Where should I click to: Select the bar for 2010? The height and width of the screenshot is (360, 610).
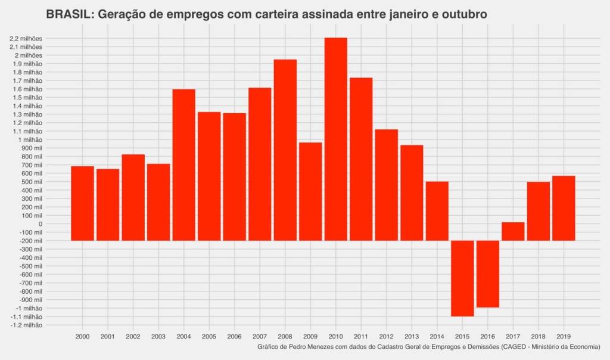pyautogui.click(x=335, y=139)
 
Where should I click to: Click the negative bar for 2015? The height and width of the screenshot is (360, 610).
pyautogui.click(x=462, y=278)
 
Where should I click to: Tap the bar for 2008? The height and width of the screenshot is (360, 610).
pyautogui.click(x=285, y=150)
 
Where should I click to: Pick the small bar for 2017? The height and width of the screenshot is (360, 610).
pyautogui.click(x=513, y=231)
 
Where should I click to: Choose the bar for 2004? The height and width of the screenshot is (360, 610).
pyautogui.click(x=183, y=165)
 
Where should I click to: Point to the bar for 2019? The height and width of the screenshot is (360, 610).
pyautogui.click(x=564, y=208)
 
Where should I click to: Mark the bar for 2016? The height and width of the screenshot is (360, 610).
pyautogui.click(x=487, y=274)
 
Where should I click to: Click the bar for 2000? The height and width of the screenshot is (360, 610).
pyautogui.click(x=82, y=203)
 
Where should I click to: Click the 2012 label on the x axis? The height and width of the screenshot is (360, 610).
pyautogui.click(x=386, y=337)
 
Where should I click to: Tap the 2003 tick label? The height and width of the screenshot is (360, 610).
pyautogui.click(x=158, y=337)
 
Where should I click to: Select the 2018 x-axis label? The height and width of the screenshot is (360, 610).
pyautogui.click(x=538, y=337)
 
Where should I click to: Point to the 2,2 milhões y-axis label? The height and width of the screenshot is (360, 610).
pyautogui.click(x=26, y=38)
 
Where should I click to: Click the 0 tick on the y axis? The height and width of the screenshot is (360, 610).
pyautogui.click(x=40, y=224)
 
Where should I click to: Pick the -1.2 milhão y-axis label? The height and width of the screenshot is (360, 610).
pyautogui.click(x=26, y=325)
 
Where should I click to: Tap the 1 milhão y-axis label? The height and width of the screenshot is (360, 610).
pyautogui.click(x=29, y=139)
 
